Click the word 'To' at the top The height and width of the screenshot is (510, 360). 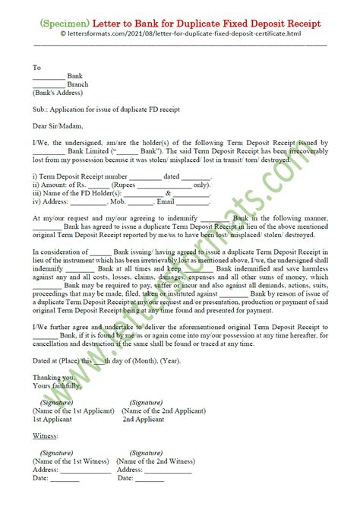(36, 68)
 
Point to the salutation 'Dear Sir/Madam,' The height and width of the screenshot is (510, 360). (58, 126)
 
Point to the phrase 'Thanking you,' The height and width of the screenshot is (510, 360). (54, 377)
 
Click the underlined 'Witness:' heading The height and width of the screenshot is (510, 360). (47, 436)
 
